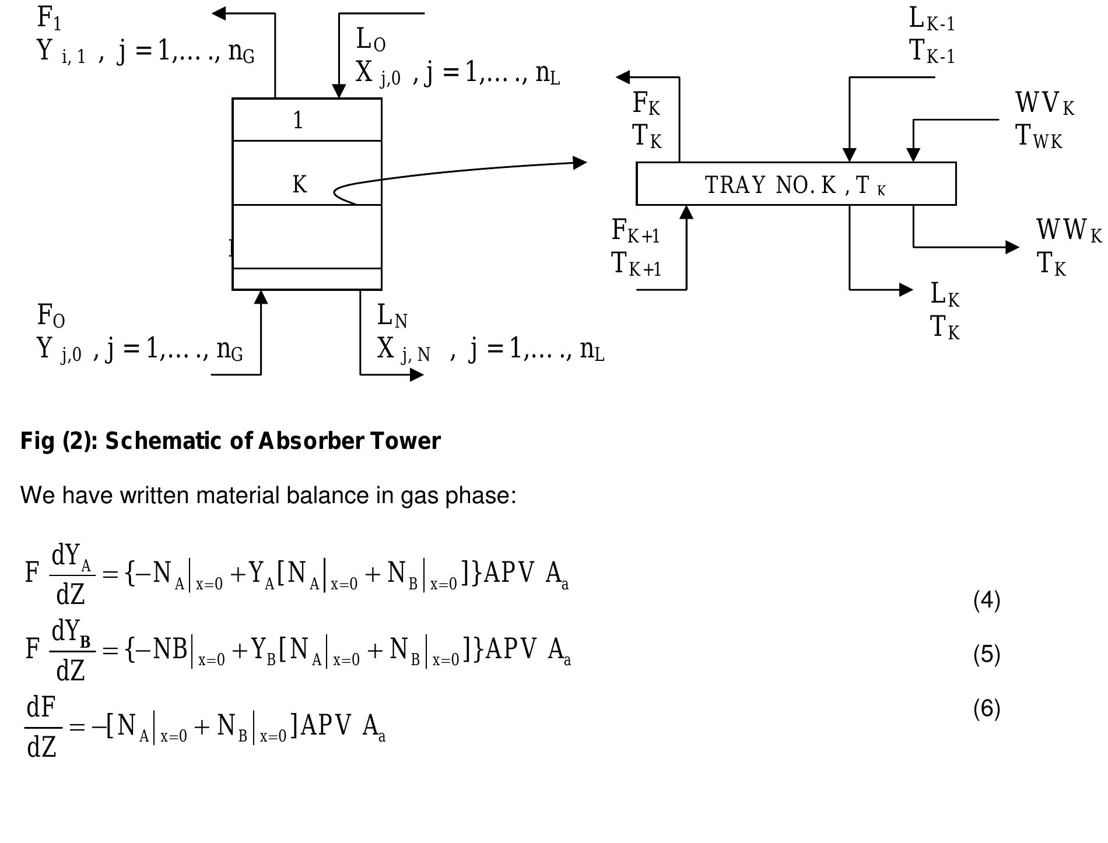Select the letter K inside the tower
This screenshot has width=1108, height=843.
[x=299, y=185]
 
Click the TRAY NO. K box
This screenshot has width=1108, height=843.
[x=795, y=184]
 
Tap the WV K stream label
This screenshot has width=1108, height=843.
[x=1044, y=104]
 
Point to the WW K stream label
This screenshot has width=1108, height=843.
[x=1068, y=230]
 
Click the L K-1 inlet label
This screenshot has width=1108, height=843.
[x=931, y=19]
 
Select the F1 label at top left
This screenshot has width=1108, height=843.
[x=49, y=17]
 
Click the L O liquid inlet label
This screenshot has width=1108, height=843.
[x=370, y=40]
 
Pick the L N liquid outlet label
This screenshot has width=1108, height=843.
[x=392, y=316]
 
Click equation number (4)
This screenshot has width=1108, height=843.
[x=986, y=600]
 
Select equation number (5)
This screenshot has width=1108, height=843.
[x=986, y=654]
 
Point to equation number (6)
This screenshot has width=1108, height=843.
[x=986, y=708]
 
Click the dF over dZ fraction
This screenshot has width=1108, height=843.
[x=42, y=727]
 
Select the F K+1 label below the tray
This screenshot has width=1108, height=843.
[x=635, y=231]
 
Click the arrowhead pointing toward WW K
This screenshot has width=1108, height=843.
[x=1012, y=247]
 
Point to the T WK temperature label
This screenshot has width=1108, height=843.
[x=1039, y=136]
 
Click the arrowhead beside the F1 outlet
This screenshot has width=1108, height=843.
[x=218, y=13]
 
